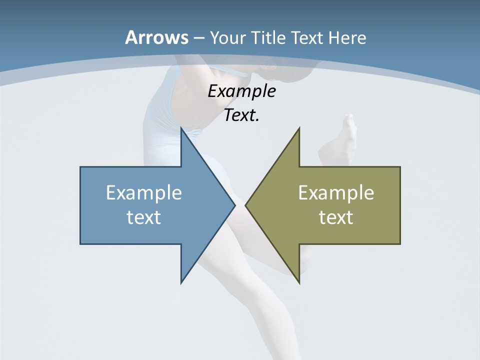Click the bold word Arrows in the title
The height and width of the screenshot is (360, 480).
coord(156,37)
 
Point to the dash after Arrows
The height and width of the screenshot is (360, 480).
coord(199,38)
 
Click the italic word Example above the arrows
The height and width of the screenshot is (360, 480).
coord(241,91)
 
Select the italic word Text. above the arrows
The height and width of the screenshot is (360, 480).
coord(241,115)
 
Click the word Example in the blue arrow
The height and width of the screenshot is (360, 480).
coord(144,193)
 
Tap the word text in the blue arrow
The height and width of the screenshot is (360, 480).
coord(144,217)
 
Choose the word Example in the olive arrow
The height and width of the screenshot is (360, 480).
coord(336,193)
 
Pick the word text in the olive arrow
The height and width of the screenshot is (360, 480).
coord(336,217)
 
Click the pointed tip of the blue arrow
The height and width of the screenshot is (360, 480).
coord(234,205)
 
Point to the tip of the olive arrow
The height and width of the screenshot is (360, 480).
coord(246,205)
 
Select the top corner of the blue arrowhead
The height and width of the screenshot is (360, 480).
coord(181,128)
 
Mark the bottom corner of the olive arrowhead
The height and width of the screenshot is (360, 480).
coord(299,282)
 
